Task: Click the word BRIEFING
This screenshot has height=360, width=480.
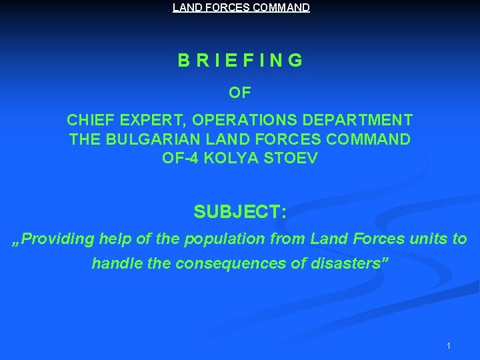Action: (x=240, y=61)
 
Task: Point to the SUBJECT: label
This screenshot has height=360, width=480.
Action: (x=240, y=212)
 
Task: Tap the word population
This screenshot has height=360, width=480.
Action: (x=233, y=238)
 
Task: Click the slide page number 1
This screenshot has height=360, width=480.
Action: (x=449, y=345)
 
